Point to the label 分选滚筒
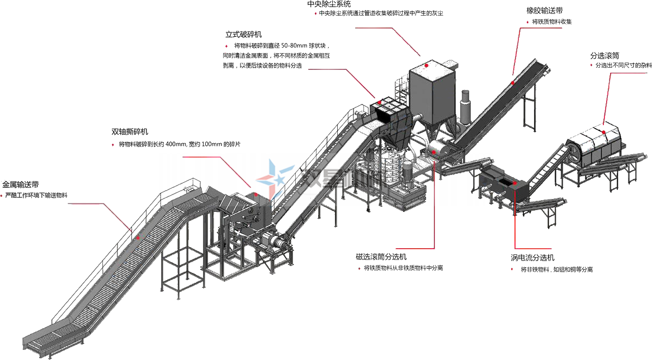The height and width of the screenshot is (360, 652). tap(604, 55)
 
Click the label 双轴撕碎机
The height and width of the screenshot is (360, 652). tap(130, 132)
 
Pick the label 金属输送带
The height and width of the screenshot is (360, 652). tap(21, 184)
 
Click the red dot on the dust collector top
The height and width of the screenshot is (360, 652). tap(426, 65)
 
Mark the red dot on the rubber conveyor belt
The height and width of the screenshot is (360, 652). tap(512, 83)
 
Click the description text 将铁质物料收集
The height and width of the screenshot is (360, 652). tap(552, 22)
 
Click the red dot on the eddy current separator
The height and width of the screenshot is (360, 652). tap(514, 182)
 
